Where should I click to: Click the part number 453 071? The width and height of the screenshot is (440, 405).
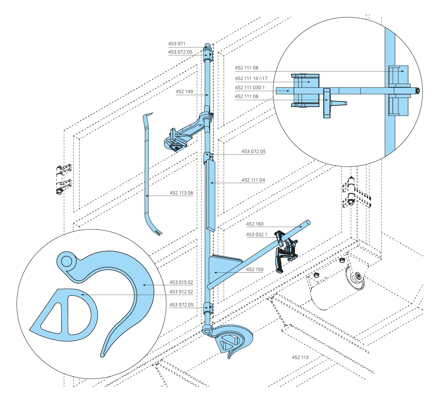[x=176, y=44]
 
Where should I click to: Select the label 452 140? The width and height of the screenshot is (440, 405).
[x=184, y=92]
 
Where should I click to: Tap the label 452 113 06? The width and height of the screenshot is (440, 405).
[x=181, y=193]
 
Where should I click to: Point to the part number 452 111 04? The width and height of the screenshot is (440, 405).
[x=253, y=180]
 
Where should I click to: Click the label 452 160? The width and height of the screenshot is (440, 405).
[x=255, y=224]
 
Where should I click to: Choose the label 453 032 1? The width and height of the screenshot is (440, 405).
[x=257, y=235]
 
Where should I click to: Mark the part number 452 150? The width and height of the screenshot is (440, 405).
[x=255, y=270]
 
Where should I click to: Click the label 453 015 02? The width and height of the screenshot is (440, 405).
[x=181, y=282]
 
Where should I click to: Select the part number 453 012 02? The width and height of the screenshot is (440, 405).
[x=181, y=292]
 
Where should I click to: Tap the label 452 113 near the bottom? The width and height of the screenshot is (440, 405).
[x=300, y=358]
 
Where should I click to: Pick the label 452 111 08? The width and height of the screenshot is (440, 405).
[x=246, y=68]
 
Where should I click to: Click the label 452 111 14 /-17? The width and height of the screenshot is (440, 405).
[x=251, y=79]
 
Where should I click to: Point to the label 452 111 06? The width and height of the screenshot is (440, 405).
[x=246, y=96]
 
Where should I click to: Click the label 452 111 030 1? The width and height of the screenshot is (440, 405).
[x=250, y=88]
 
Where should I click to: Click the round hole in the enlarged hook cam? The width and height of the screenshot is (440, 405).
[x=66, y=261]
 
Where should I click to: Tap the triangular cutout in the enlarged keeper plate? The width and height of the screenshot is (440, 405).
[x=52, y=318]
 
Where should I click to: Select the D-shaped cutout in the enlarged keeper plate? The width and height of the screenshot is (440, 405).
[x=78, y=315]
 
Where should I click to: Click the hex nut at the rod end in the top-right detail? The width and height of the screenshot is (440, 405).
[x=418, y=91]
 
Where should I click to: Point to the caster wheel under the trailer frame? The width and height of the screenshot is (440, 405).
[x=355, y=278]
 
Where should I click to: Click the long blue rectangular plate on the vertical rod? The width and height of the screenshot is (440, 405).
[x=211, y=196]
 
